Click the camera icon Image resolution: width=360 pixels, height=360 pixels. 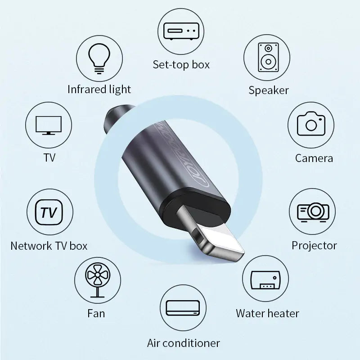(x=310, y=124)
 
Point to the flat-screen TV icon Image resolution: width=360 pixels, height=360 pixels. (x=49, y=124)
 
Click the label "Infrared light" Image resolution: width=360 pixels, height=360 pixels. (x=99, y=89)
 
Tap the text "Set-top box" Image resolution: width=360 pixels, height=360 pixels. (x=181, y=64)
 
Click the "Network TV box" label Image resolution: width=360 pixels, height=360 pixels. (x=49, y=246)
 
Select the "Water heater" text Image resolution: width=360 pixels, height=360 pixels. (x=267, y=313)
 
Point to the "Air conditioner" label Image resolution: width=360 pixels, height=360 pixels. (x=184, y=343)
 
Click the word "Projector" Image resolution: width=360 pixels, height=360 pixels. (x=314, y=245)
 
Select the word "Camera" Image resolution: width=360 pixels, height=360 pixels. (x=314, y=158)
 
